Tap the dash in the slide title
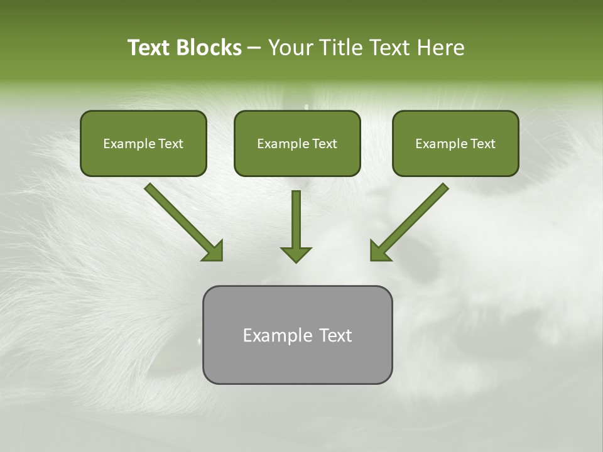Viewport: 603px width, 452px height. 254,48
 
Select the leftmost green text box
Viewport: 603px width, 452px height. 143,143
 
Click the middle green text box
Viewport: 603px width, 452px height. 297,143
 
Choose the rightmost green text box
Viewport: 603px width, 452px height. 455,143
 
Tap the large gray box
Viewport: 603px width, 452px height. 297,335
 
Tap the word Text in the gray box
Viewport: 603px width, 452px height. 335,335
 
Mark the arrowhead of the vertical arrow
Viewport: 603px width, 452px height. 296,254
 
